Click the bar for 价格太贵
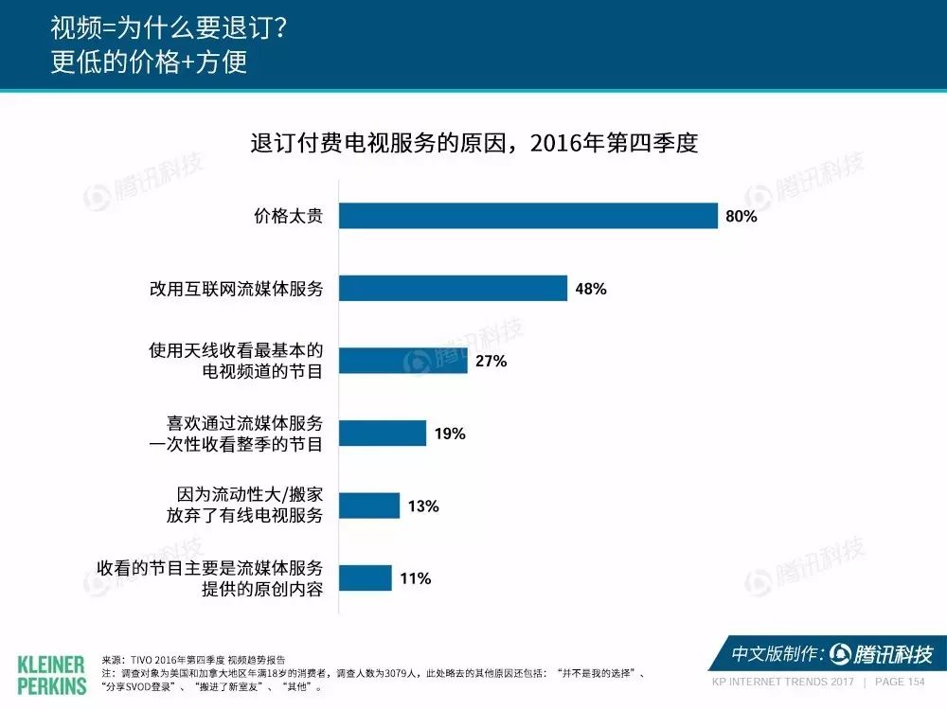click(528, 216)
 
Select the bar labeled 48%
click(453, 288)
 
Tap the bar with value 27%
click(403, 361)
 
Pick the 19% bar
click(383, 433)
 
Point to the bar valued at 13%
click(369, 506)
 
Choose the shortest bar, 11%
click(366, 577)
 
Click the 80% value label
click(742, 216)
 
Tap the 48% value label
click(591, 289)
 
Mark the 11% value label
click(416, 578)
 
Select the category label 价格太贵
click(288, 216)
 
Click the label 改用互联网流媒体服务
click(236, 288)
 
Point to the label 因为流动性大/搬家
click(249, 494)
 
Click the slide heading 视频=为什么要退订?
click(169, 27)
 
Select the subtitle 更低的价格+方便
click(149, 62)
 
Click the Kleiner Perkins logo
click(51, 675)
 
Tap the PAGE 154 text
click(900, 682)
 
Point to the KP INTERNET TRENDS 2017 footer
click(783, 682)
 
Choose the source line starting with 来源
click(193, 660)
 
